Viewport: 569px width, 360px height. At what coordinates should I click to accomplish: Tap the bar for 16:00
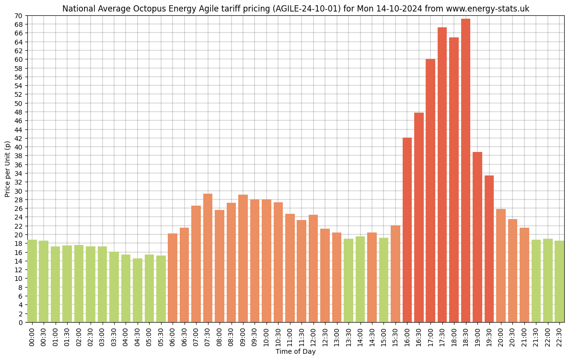(x=407, y=230)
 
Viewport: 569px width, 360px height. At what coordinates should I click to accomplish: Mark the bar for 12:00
(x=313, y=268)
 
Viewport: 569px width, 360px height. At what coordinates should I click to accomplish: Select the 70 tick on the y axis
(x=19, y=16)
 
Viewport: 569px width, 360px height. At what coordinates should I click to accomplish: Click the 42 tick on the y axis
(x=19, y=139)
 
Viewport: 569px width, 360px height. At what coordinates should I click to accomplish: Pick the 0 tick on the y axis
(x=21, y=323)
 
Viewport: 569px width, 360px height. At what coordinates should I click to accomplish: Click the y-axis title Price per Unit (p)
(x=7, y=169)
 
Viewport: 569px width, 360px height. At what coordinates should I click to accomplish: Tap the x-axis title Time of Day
(x=295, y=352)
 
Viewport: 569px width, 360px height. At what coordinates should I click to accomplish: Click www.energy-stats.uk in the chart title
(x=488, y=9)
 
